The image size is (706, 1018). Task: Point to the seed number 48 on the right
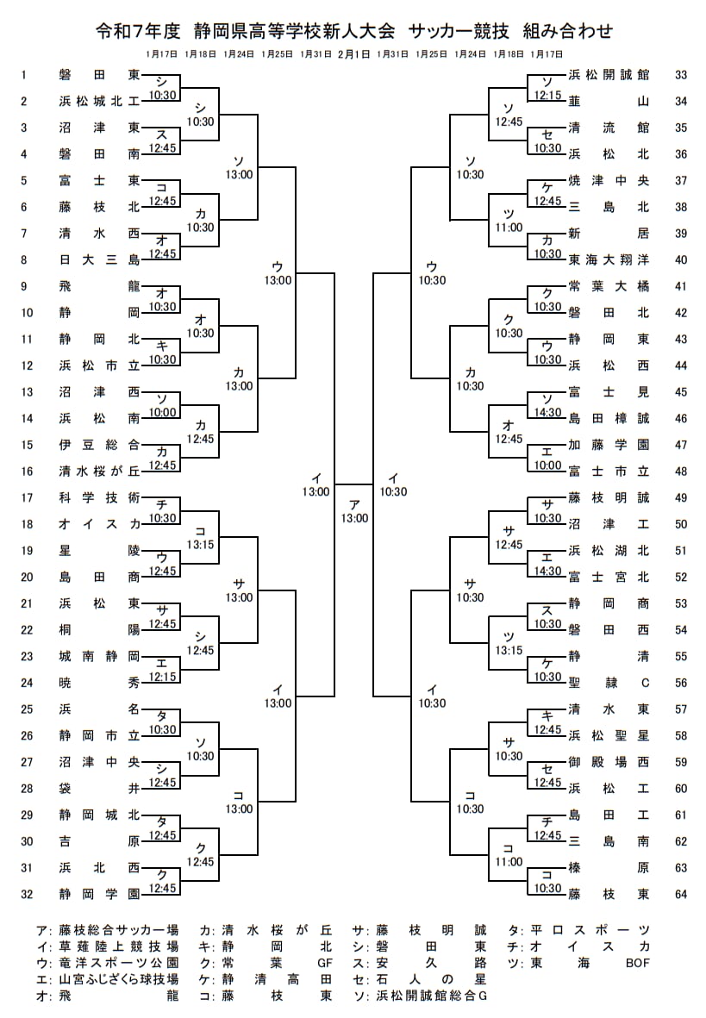681,472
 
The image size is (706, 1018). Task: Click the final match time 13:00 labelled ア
353,518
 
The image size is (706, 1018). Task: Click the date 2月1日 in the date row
354,53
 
